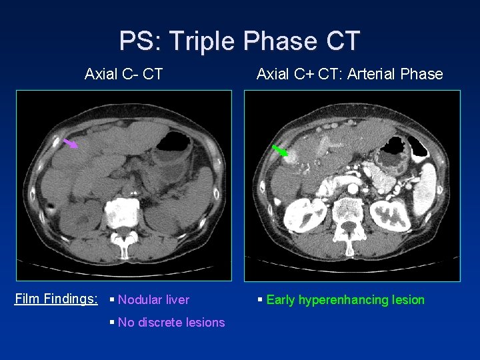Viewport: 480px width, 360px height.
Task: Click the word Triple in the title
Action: [203, 41]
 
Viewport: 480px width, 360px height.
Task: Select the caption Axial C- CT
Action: [123, 74]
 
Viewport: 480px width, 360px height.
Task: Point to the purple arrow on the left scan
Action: [70, 143]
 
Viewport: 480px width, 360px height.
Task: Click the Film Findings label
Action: [57, 299]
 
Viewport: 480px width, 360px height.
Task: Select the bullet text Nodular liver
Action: [153, 300]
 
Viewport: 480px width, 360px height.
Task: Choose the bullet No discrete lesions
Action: [171, 323]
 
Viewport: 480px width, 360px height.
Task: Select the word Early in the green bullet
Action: [281, 300]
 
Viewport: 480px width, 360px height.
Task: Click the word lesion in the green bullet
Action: [408, 300]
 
